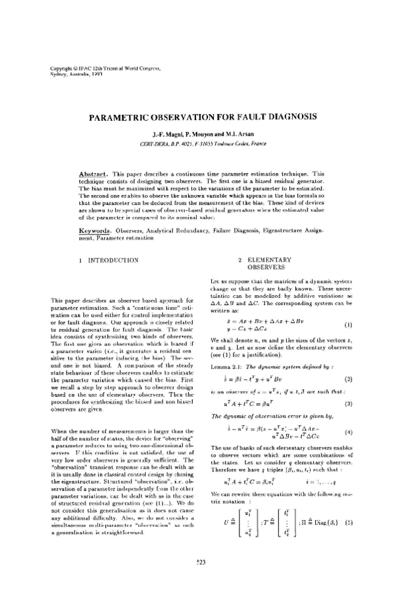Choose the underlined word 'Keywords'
pyautogui.click(x=94, y=229)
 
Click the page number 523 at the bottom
pyautogui.click(x=200, y=582)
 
